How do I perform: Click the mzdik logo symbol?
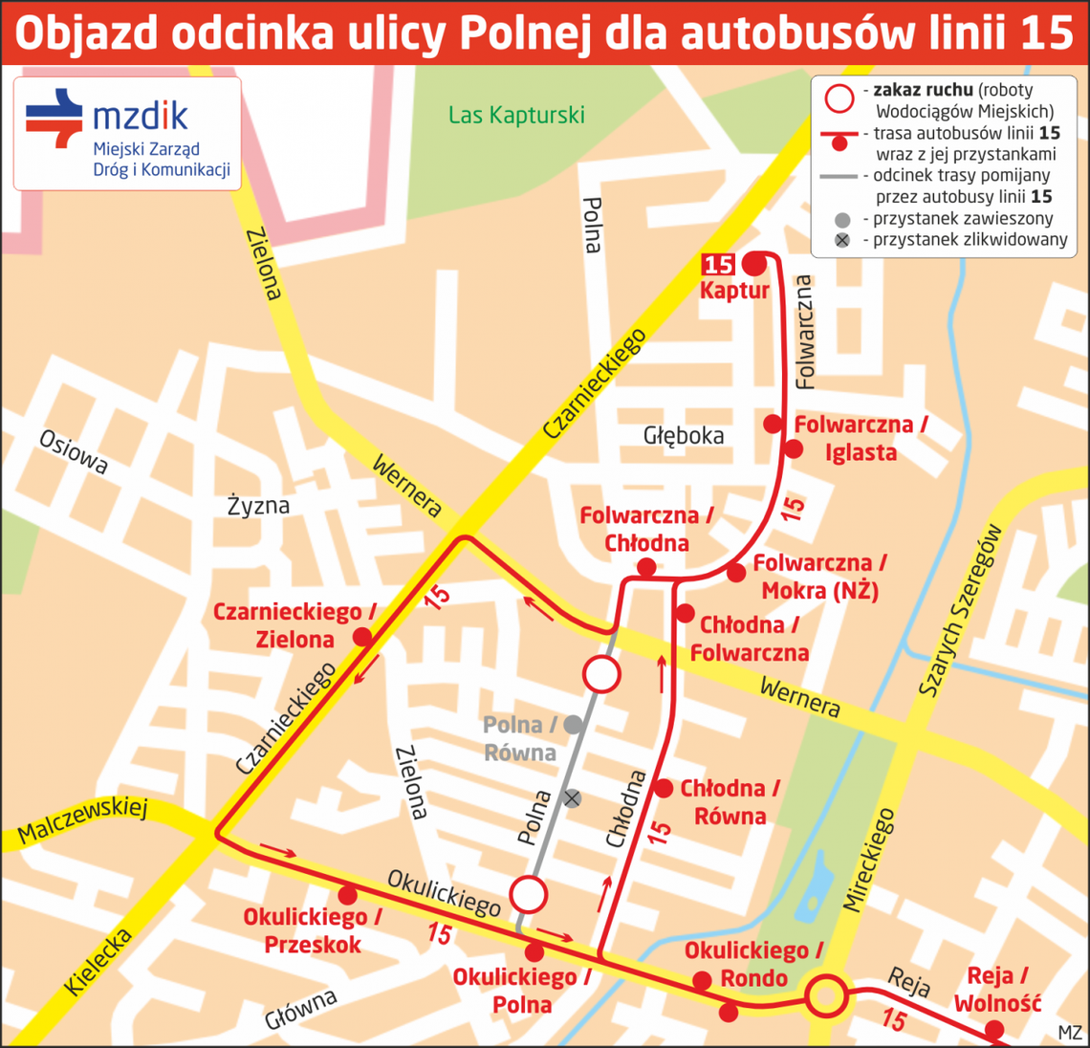click(x=54, y=118)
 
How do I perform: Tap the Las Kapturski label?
click(x=516, y=116)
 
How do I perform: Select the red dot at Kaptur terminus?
click(x=755, y=262)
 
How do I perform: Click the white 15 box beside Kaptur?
click(x=718, y=264)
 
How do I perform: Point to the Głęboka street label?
click(x=683, y=436)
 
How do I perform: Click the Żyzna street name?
click(x=258, y=505)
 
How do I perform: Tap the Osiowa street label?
click(x=74, y=451)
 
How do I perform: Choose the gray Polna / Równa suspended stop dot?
click(x=574, y=725)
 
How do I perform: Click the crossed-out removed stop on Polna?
click(x=572, y=797)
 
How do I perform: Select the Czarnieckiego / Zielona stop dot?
click(x=361, y=637)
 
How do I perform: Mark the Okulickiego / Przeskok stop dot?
click(x=348, y=895)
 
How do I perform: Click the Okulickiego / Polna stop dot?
click(x=534, y=952)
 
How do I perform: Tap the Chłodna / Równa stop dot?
click(x=664, y=789)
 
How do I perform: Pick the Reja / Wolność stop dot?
click(x=994, y=1029)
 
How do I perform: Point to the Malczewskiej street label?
click(x=83, y=820)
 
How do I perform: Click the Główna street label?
click(x=301, y=1010)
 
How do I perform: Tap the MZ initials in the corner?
click(x=1070, y=1033)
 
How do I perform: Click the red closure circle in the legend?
click(x=839, y=98)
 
